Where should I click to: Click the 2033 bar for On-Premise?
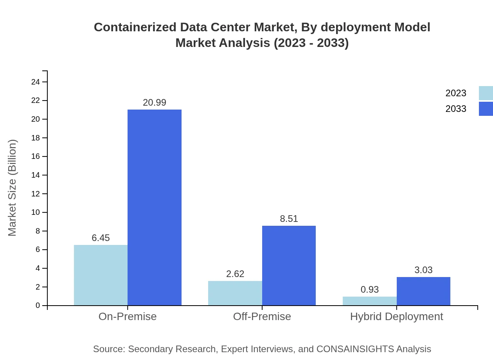coord(155,207)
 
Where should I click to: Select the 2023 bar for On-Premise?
coord(101,275)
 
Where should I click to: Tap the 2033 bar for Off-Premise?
coord(289,265)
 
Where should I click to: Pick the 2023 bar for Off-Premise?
coord(235,293)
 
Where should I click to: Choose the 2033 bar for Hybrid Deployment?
coord(423,291)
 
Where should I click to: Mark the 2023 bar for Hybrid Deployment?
coord(369,301)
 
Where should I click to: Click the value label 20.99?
coord(155,103)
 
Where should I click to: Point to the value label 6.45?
coord(101,238)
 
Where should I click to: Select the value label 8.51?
coord(289,219)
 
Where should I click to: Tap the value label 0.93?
coord(369,290)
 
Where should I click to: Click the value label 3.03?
coord(423,270)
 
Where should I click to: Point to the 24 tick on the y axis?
coord(36,82)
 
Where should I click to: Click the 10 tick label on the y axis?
coord(36,212)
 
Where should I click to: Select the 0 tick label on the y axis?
coord(38,306)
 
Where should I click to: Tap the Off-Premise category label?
coord(262,317)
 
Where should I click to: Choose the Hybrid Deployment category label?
coord(396,317)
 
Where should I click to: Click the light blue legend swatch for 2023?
coord(486,93)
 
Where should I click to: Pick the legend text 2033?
coord(456,109)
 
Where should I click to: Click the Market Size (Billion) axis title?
coord(13,188)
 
